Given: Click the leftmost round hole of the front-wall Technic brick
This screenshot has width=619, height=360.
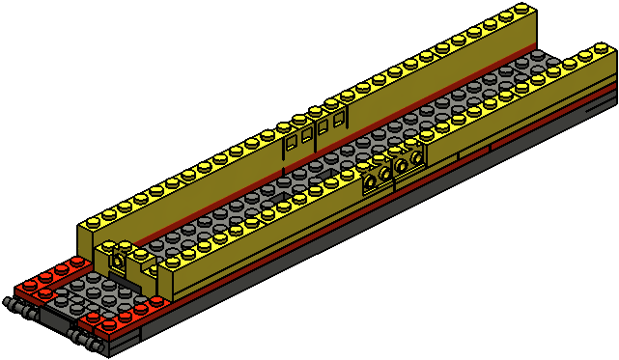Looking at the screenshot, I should (x=371, y=179).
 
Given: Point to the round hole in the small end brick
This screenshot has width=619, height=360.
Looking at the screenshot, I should (x=117, y=261).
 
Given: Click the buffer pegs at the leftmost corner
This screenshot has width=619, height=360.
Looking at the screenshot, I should (x=21, y=308).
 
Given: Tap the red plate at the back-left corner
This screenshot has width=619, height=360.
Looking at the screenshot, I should (x=43, y=279).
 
